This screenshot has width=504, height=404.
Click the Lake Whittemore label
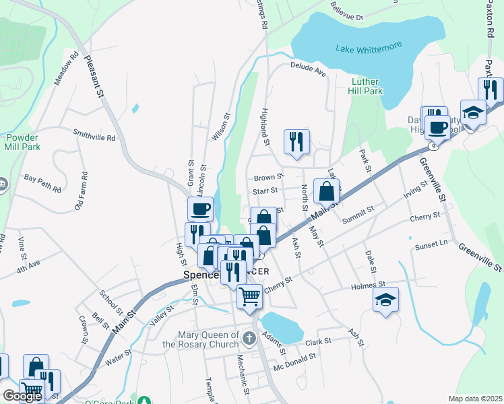369,47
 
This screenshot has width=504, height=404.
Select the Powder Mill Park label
22,141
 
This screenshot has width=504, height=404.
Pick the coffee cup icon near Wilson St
201,209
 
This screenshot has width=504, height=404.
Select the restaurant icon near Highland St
296,141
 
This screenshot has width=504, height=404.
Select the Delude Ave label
308,67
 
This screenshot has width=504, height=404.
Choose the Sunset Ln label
432,244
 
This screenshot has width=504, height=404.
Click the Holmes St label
368,286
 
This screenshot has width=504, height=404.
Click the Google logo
22,396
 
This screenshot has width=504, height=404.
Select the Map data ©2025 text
475,399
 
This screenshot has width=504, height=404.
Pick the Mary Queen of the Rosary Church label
208,339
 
